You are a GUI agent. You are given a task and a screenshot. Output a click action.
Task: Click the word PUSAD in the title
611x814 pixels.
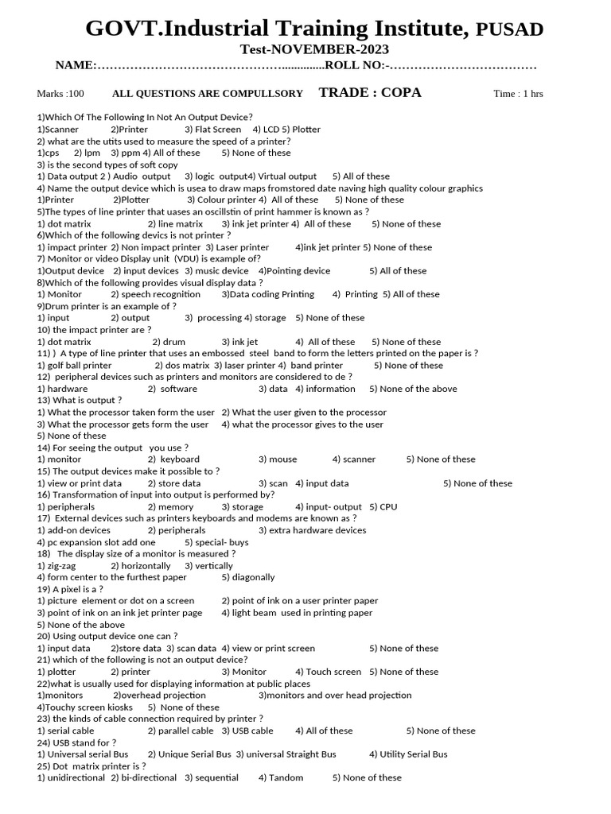pyautogui.click(x=509, y=30)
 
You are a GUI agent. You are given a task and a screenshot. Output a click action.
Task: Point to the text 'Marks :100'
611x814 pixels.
pyautogui.click(x=60, y=94)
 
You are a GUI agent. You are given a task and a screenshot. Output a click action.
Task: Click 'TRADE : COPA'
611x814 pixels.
pyautogui.click(x=370, y=92)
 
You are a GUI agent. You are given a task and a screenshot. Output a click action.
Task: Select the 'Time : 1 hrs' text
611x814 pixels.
pyautogui.click(x=518, y=94)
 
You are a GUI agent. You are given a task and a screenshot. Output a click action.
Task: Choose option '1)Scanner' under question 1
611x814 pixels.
pyautogui.click(x=58, y=129)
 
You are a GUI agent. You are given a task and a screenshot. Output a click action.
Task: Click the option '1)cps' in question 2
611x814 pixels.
pyautogui.click(x=49, y=153)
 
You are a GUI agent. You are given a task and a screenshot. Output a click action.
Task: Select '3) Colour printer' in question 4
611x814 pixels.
pyautogui.click(x=216, y=200)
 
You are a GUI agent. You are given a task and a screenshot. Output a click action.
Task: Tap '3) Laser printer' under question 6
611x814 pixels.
pyautogui.click(x=237, y=247)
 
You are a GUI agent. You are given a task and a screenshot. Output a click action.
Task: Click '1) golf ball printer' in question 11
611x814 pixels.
pyautogui.click(x=75, y=366)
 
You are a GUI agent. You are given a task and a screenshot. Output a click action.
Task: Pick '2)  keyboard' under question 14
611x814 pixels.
pyautogui.click(x=173, y=459)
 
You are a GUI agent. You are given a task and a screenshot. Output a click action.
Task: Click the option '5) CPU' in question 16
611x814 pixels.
pyautogui.click(x=383, y=506)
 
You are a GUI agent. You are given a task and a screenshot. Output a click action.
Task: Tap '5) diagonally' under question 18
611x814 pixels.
pyautogui.click(x=248, y=577)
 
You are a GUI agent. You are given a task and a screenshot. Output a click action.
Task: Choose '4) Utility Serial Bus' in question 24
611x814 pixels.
pyautogui.click(x=408, y=754)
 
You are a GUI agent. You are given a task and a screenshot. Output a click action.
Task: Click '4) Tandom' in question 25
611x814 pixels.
pyautogui.click(x=281, y=777)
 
